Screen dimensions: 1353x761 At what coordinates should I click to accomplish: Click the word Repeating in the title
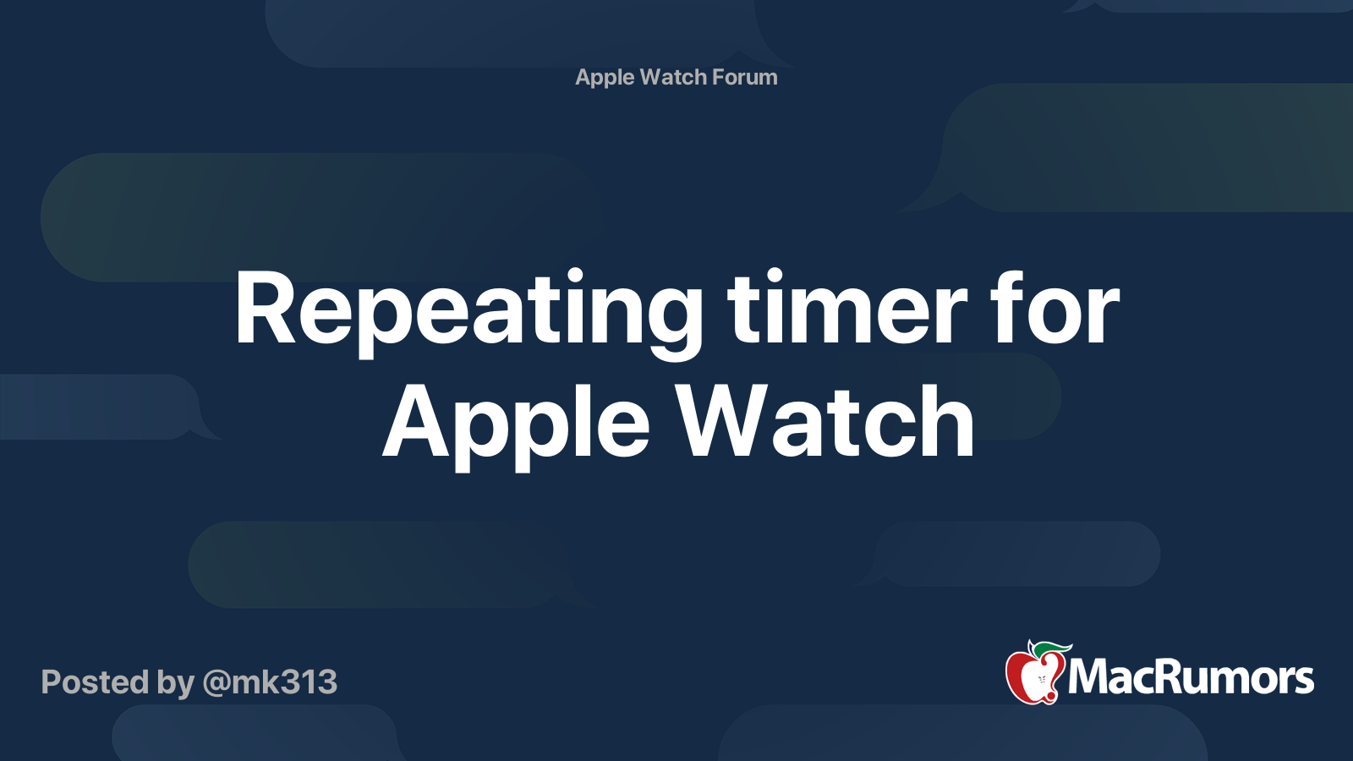point(468,314)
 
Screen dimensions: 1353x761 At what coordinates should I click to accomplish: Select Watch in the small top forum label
point(673,77)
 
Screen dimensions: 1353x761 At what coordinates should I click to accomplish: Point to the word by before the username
point(176,684)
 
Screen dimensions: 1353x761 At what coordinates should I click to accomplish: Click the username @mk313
point(270,683)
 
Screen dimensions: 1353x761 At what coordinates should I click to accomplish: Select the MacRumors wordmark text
point(1191,677)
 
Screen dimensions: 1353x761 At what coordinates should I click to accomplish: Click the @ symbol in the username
point(218,684)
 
